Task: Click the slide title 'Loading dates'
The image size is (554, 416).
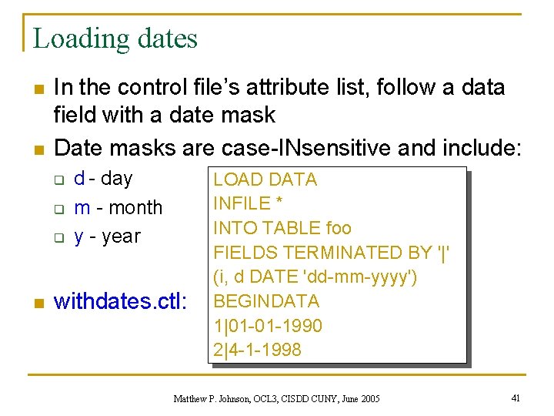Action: tap(115, 38)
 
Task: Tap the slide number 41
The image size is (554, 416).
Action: tap(516, 398)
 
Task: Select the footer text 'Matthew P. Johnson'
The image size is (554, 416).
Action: tap(211, 398)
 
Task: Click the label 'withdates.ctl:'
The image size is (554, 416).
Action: tap(120, 300)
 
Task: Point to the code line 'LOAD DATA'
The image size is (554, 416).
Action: tap(265, 179)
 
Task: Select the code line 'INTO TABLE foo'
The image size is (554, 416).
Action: tap(282, 228)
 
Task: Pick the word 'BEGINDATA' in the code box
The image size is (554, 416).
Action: tap(265, 300)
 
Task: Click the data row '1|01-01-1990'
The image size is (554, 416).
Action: tap(267, 325)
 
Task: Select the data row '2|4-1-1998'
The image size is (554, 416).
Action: tap(257, 349)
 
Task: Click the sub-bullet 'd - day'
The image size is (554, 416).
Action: tap(103, 178)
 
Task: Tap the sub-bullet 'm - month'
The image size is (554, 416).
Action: tap(118, 207)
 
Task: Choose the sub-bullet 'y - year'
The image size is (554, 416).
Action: tap(107, 236)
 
